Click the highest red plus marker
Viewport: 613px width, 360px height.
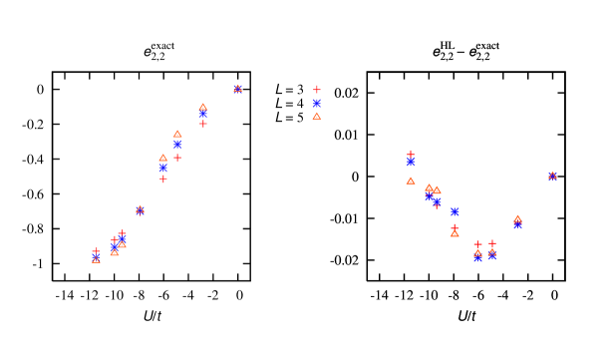(317, 90)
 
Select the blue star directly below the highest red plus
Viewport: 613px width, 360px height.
(317, 103)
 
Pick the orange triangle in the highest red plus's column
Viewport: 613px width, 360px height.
(317, 117)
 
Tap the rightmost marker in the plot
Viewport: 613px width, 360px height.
(552, 176)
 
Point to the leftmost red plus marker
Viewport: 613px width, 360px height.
(96, 252)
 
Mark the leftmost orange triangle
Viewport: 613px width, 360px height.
(96, 258)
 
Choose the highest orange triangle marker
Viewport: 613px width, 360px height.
(237, 88)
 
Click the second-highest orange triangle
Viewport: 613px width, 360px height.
(202, 107)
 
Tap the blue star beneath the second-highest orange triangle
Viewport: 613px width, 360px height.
(202, 115)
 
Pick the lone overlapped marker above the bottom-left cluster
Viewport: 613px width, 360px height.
(140, 209)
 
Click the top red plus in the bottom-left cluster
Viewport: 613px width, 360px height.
(122, 233)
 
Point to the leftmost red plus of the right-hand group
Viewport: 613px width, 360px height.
(411, 154)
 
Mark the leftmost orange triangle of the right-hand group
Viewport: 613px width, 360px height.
(411, 180)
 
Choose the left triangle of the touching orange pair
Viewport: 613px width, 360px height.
(430, 187)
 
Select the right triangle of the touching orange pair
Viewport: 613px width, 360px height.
(437, 190)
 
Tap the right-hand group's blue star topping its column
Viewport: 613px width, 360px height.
(411, 162)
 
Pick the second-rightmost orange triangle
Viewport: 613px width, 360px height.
(517, 218)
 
